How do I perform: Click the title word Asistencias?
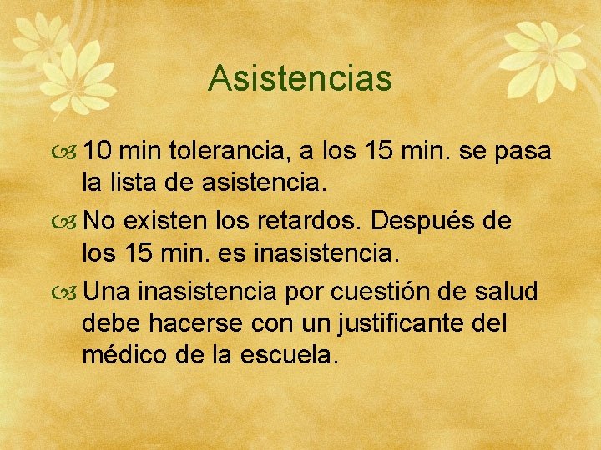300,78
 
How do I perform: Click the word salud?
508,292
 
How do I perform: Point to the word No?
100,222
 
